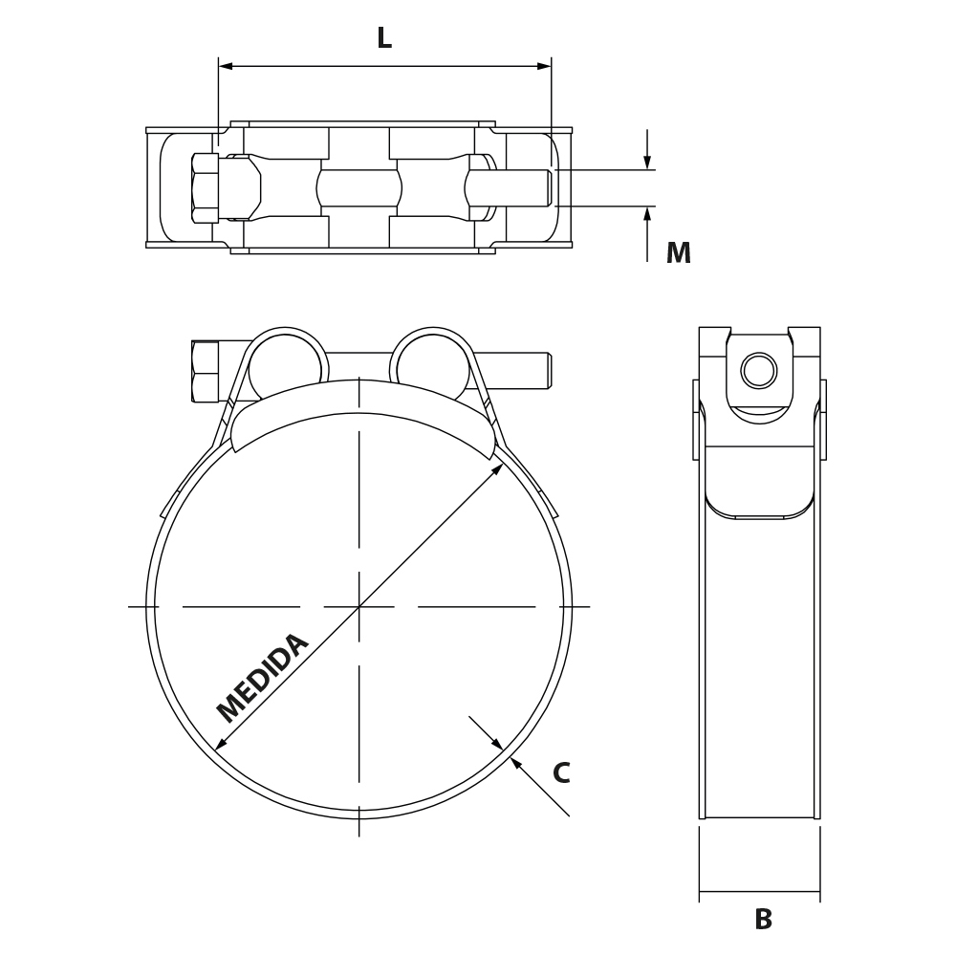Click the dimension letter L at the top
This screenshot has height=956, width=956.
click(384, 38)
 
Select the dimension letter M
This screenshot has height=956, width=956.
click(678, 252)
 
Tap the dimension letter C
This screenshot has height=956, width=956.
click(561, 772)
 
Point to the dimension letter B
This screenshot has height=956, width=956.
click(763, 919)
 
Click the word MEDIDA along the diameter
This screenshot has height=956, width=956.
click(263, 678)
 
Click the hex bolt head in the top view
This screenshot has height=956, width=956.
click(205, 188)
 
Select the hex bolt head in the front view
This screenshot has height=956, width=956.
click(205, 372)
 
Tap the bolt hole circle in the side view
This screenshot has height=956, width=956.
click(759, 370)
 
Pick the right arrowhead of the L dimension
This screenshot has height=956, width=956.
click(543, 66)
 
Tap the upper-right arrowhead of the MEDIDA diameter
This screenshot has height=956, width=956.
click(497, 468)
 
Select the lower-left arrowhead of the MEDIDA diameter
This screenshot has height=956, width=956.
click(222, 743)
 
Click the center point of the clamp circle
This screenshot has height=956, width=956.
click(359, 607)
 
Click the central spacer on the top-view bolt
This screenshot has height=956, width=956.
click(359, 188)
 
